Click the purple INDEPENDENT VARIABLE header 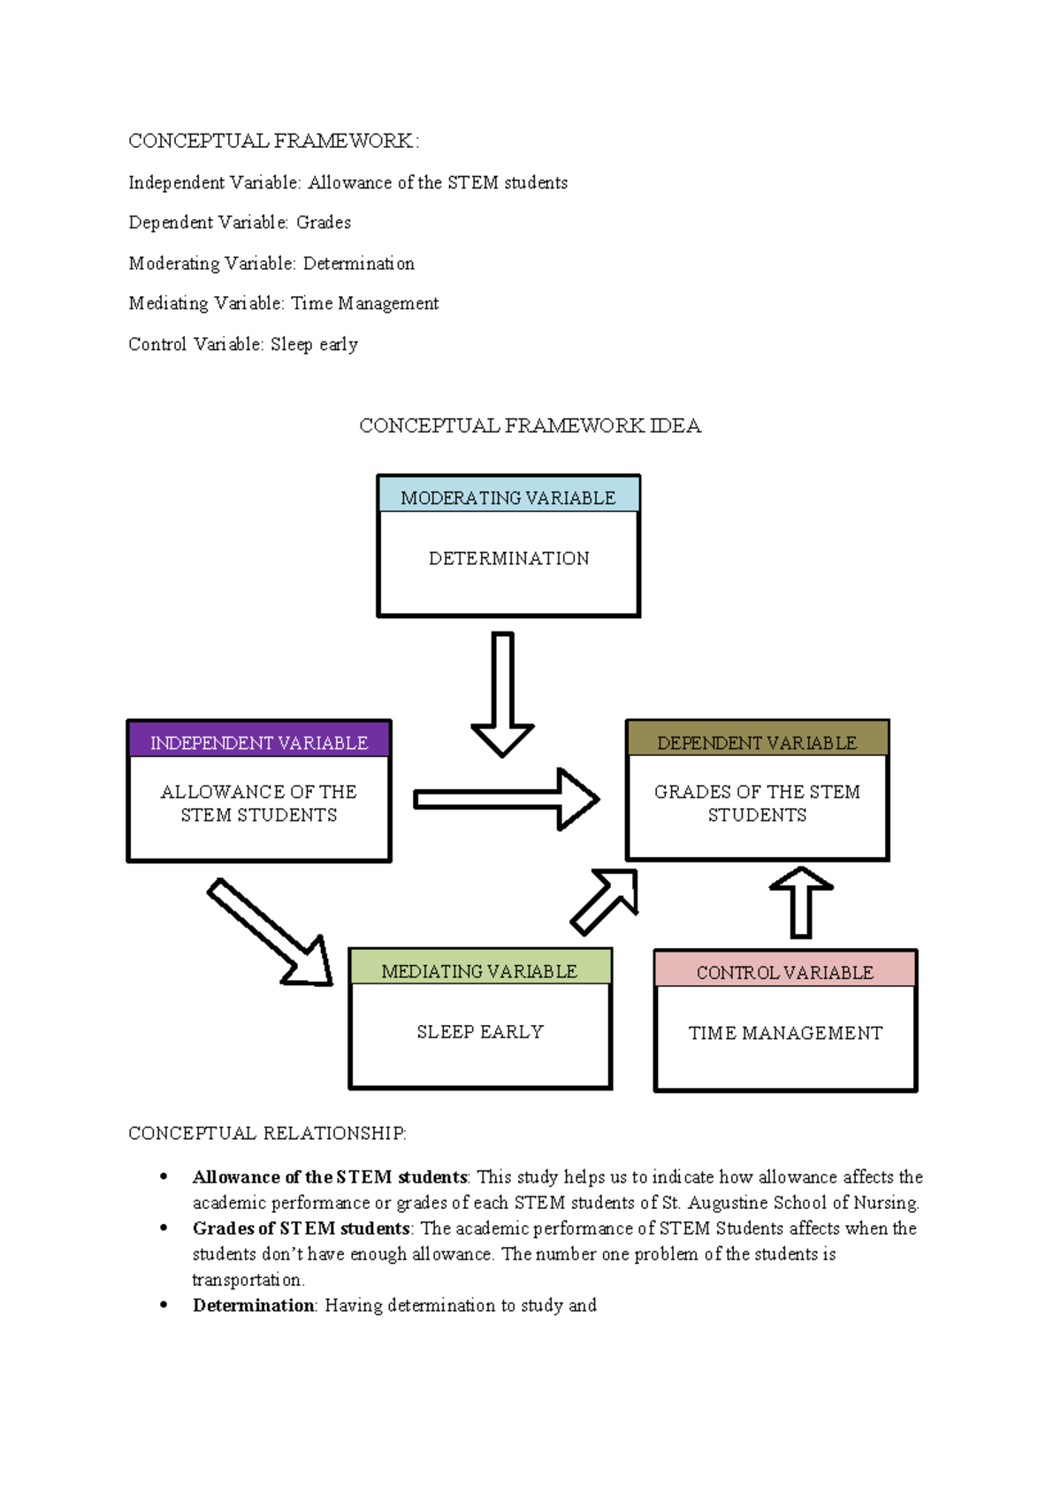(x=259, y=741)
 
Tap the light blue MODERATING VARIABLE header (x=508, y=496)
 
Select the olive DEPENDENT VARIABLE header (x=757, y=741)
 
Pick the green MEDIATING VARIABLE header (x=479, y=969)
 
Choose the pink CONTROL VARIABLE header (x=785, y=971)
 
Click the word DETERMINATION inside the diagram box (x=508, y=558)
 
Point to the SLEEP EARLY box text (x=480, y=1031)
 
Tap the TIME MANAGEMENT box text (x=785, y=1032)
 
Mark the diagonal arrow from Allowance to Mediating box (x=271, y=932)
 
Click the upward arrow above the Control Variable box (x=801, y=901)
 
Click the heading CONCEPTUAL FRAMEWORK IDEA (x=530, y=425)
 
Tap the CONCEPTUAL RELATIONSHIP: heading (x=267, y=1133)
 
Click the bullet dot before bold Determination (x=164, y=1305)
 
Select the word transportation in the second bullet (x=248, y=1279)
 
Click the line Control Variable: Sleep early (x=243, y=344)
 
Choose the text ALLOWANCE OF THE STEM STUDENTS (x=259, y=803)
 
